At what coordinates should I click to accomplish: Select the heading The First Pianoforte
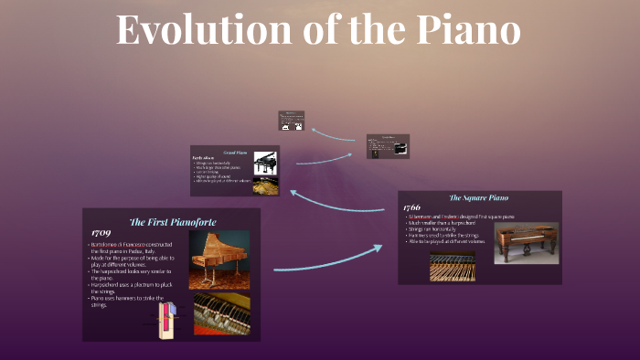click(173, 222)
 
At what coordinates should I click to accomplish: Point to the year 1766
click(412, 207)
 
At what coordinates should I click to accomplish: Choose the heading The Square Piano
click(478, 197)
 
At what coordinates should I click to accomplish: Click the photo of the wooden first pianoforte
click(219, 259)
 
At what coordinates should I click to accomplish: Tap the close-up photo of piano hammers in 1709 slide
click(219, 313)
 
